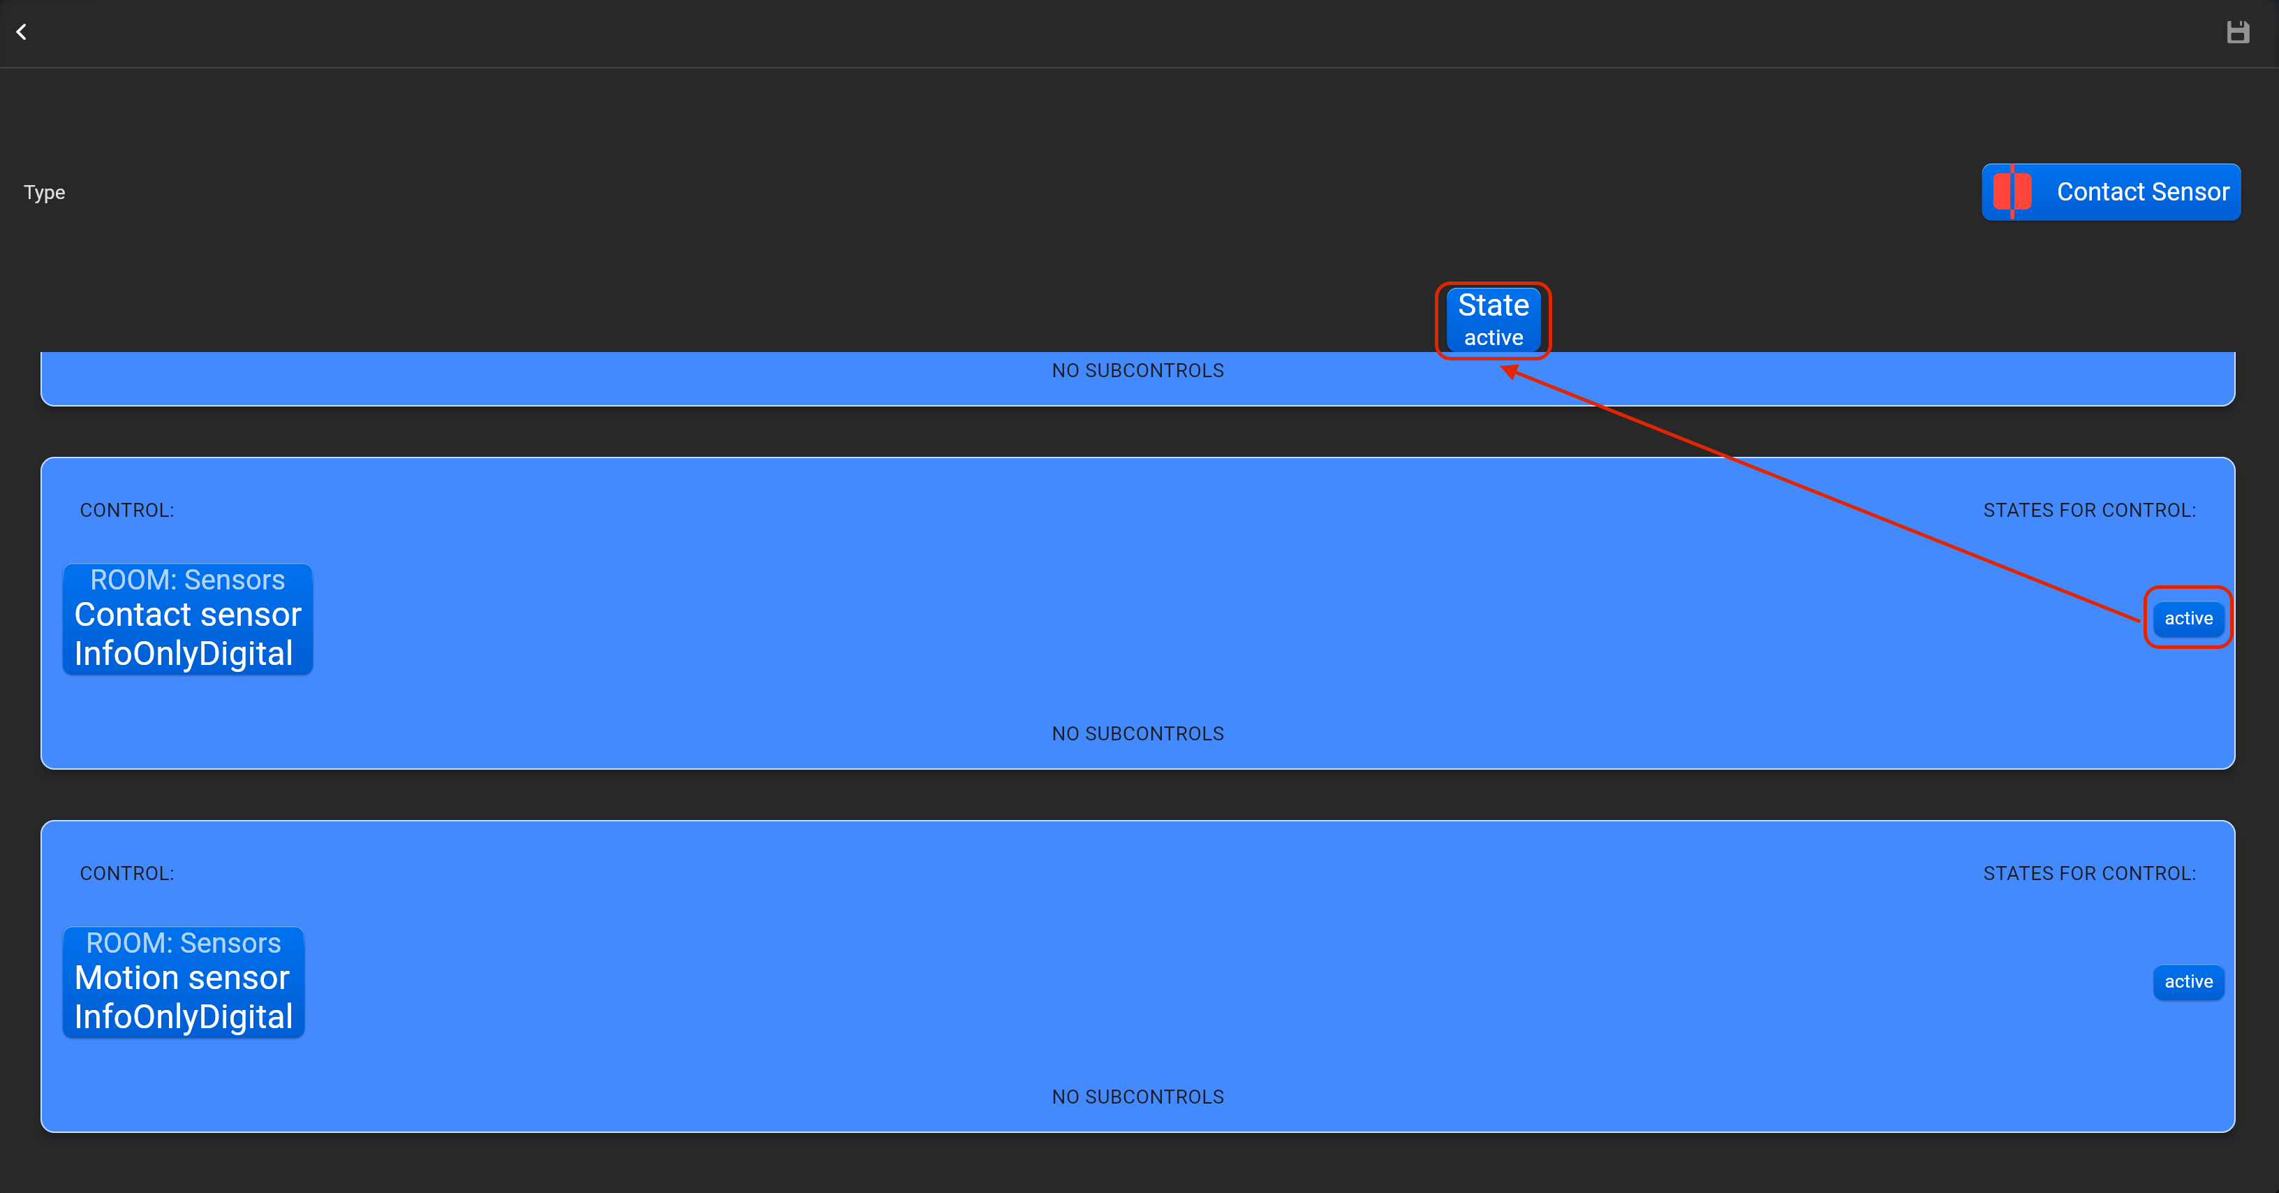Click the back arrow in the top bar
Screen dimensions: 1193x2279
(21, 33)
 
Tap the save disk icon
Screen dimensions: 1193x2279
(2237, 33)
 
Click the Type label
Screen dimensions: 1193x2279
(44, 192)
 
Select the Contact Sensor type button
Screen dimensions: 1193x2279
(2111, 192)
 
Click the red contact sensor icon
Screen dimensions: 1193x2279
(2012, 192)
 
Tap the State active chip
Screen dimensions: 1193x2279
(1493, 319)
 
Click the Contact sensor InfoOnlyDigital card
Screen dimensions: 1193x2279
(188, 620)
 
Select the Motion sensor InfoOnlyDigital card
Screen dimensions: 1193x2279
(183, 982)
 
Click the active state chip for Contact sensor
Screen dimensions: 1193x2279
(2188, 617)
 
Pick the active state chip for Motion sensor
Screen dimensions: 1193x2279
(2188, 981)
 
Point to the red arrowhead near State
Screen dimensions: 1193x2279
(1510, 371)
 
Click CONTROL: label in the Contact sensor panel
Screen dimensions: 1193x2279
(126, 511)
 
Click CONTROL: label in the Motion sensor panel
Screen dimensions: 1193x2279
(126, 874)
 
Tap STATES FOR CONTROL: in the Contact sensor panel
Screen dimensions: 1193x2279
(2089, 511)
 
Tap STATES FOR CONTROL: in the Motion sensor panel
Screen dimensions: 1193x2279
(2089, 874)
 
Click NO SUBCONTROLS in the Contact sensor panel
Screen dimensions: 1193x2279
(1137, 733)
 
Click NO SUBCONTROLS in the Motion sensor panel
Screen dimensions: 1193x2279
(1137, 1097)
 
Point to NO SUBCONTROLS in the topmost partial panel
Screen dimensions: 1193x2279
(1137, 371)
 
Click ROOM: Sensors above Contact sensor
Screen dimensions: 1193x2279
(188, 580)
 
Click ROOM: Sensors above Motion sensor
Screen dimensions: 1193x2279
(183, 942)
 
